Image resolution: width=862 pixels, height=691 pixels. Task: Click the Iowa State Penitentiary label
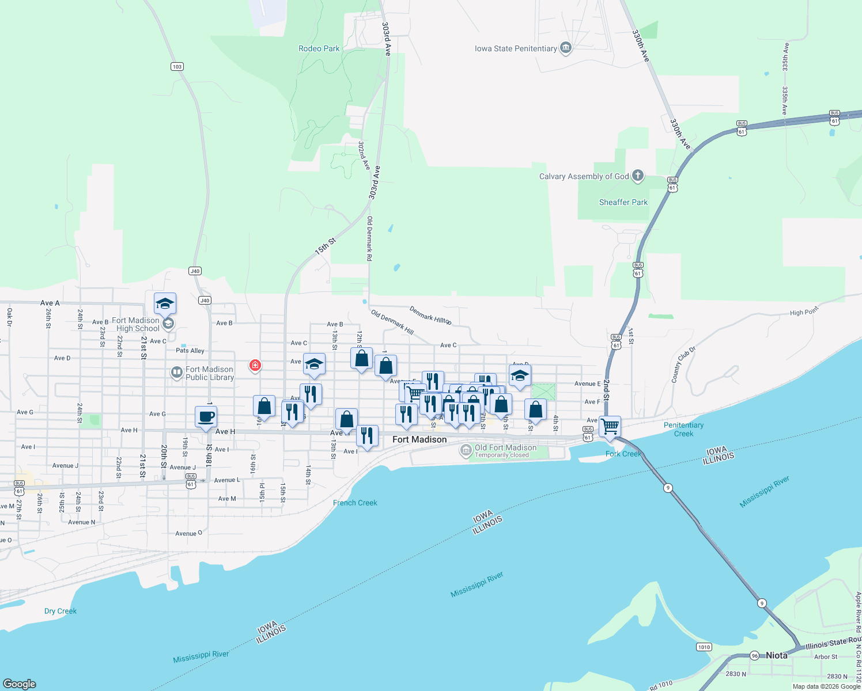516,49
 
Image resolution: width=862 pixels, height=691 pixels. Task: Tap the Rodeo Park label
319,49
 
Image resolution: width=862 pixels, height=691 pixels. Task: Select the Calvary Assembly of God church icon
637,176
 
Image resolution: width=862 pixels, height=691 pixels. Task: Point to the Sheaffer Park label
623,203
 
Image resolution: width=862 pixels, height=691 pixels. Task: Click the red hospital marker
255,365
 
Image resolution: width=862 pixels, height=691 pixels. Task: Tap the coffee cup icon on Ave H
206,416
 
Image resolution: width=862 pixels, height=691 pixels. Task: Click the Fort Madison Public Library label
210,374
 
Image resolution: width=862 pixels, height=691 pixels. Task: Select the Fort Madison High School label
135,325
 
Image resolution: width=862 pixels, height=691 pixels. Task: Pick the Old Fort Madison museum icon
466,450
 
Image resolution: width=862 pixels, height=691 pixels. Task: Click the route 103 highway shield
177,67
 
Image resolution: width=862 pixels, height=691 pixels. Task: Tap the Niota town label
776,655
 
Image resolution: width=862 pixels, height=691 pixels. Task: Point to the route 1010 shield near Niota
704,647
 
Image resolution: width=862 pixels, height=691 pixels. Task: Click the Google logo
20,684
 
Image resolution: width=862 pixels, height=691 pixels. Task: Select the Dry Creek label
61,612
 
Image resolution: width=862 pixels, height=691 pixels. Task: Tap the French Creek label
355,503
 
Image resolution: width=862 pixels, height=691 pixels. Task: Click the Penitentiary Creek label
683,430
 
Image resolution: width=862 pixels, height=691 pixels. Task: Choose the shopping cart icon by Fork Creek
610,427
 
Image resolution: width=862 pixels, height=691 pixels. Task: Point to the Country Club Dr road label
684,365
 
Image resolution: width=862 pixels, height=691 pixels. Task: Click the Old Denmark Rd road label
369,238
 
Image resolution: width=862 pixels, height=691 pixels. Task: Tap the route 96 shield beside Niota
754,656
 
